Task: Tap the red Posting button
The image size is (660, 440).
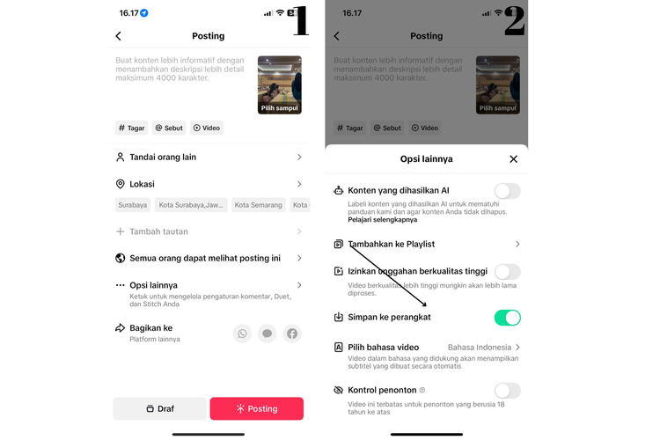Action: [x=256, y=408]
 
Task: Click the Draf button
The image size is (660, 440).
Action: [x=159, y=408]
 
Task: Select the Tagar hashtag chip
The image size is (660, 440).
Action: [x=131, y=128]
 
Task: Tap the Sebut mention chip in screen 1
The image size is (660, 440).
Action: [x=169, y=128]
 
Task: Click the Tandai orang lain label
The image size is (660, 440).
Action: [x=163, y=157]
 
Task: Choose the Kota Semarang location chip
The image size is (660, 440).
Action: [x=258, y=205]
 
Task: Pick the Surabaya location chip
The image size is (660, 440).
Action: [x=133, y=205]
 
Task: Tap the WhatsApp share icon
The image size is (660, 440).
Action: [x=242, y=334]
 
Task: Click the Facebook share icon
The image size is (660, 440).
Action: [x=292, y=334]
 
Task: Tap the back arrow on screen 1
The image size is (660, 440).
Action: [x=119, y=36]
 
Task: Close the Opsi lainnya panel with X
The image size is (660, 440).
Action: [x=514, y=159]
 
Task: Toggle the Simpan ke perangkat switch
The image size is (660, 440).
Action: [x=507, y=318]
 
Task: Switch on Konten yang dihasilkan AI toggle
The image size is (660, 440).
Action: [x=507, y=191]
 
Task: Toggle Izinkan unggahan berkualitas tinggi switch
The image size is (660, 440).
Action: [x=507, y=272]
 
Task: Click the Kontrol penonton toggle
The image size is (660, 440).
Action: [x=507, y=391]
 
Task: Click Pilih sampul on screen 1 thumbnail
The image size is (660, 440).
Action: [x=279, y=108]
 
